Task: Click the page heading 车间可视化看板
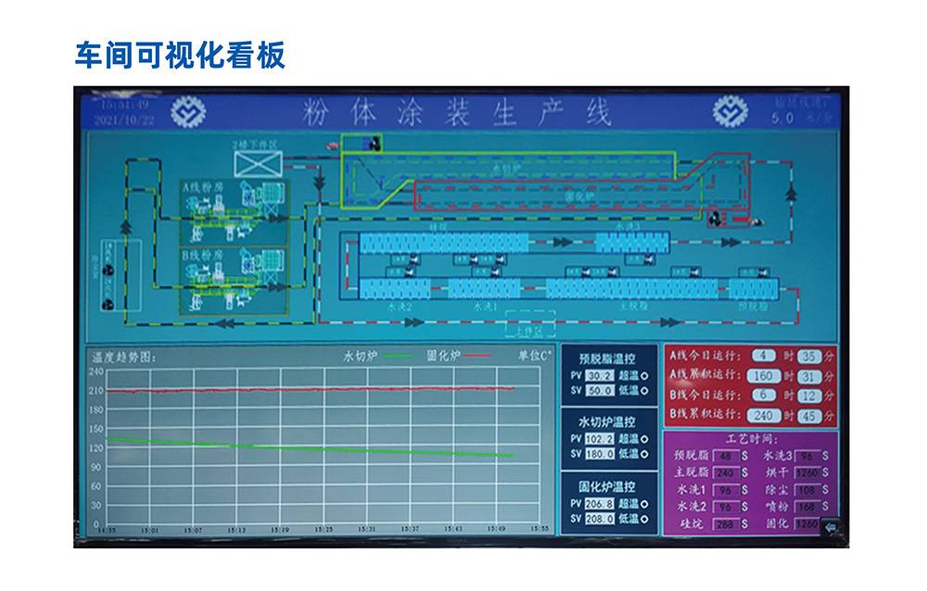tap(180, 56)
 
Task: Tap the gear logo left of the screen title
tap(188, 112)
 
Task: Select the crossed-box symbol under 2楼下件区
tap(258, 164)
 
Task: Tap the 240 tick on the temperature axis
tap(95, 371)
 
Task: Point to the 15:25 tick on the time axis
tap(324, 530)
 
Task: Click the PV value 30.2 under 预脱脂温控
tap(600, 376)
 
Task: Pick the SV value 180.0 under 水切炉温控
tap(600, 454)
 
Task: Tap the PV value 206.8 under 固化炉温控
tap(600, 504)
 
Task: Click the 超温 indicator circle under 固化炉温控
tap(644, 504)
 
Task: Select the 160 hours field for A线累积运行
tap(763, 376)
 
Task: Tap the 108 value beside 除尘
tap(806, 490)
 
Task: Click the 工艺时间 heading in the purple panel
tap(750, 439)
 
